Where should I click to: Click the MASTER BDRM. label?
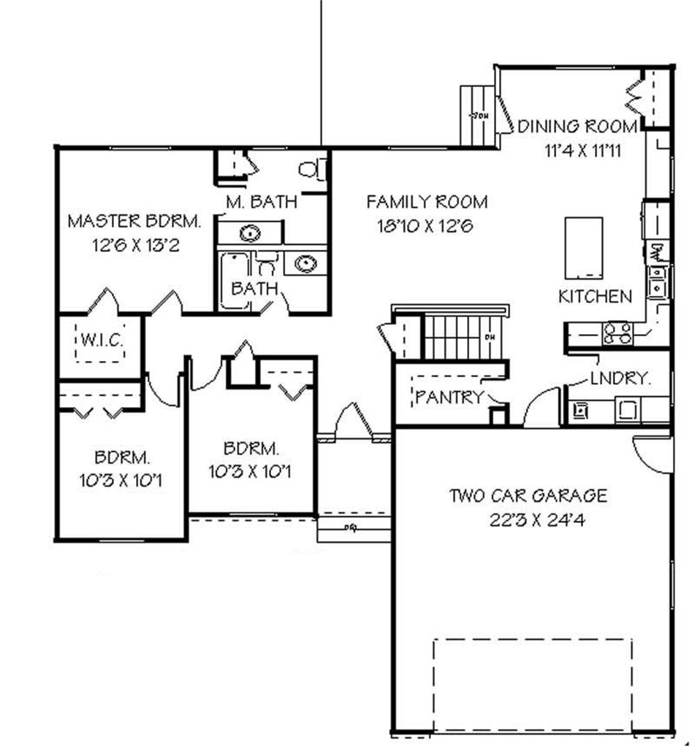point(135,222)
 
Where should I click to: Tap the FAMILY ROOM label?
point(427,202)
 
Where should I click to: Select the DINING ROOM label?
point(578,126)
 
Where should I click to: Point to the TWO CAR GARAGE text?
point(528,496)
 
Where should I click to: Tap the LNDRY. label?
point(620,379)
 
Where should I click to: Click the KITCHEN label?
point(596,297)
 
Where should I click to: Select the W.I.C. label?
point(101,341)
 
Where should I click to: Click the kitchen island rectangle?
point(583,247)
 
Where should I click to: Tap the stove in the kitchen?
point(618,333)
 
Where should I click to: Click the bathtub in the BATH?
point(235,281)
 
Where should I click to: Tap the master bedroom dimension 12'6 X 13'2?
point(135,245)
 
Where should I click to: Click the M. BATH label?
point(261,202)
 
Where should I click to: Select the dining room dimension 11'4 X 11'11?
point(582,150)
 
